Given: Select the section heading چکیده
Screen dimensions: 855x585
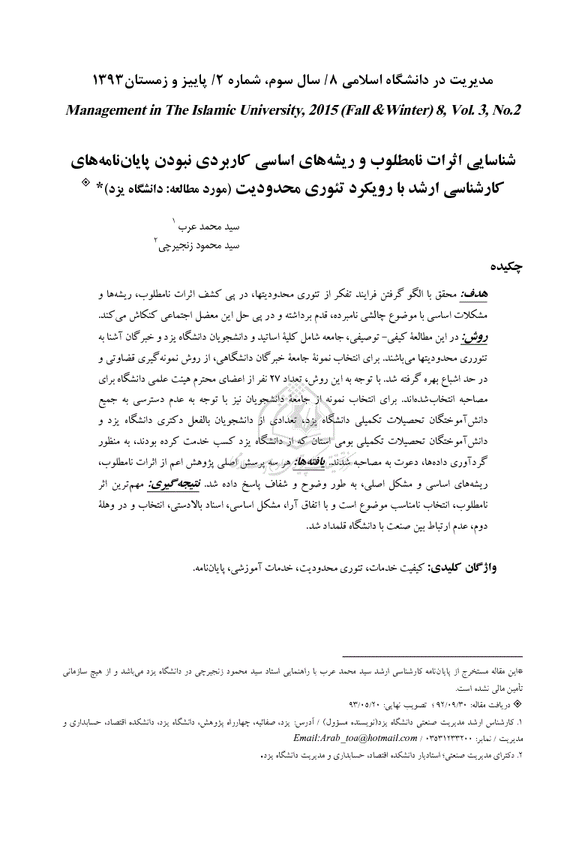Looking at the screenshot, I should tap(506, 266).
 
